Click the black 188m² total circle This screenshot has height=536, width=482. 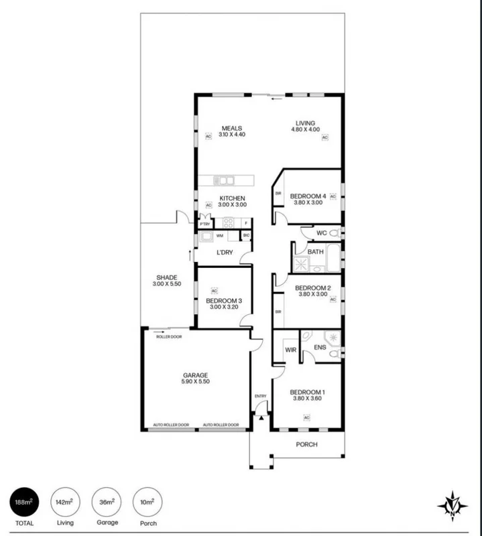[23, 502]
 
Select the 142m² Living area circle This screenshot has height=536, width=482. [65, 502]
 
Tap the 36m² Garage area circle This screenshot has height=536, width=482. [107, 502]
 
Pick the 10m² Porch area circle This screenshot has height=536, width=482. [147, 502]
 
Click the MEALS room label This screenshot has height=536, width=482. [233, 128]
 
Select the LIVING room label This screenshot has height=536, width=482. [306, 123]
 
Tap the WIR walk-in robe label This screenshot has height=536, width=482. [290, 349]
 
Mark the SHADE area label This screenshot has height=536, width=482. [166, 277]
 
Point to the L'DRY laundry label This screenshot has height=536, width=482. [224, 253]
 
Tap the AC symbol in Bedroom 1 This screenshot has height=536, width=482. [307, 417]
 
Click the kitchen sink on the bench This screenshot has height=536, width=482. [224, 180]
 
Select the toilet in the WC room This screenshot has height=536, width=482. [336, 233]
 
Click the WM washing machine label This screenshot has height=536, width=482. [219, 236]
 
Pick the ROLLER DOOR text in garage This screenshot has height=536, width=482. [169, 337]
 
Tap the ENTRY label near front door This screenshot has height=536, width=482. [261, 396]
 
